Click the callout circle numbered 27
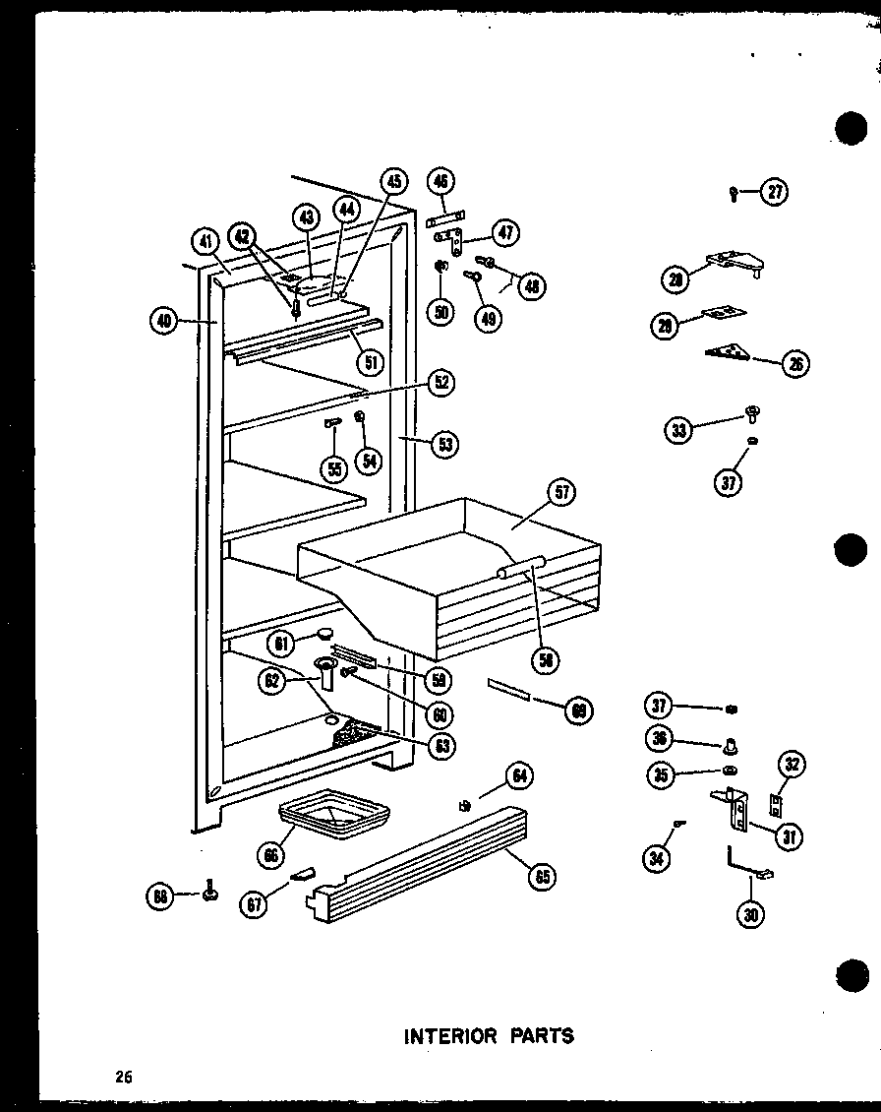[776, 193]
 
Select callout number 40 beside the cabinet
[164, 320]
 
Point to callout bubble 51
[372, 360]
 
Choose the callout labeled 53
[444, 444]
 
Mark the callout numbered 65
[541, 875]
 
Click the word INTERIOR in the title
[452, 1035]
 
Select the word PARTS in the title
[542, 1035]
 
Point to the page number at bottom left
[123, 1076]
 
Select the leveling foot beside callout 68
[208, 893]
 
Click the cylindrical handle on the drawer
[521, 568]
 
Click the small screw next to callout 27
[734, 193]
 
